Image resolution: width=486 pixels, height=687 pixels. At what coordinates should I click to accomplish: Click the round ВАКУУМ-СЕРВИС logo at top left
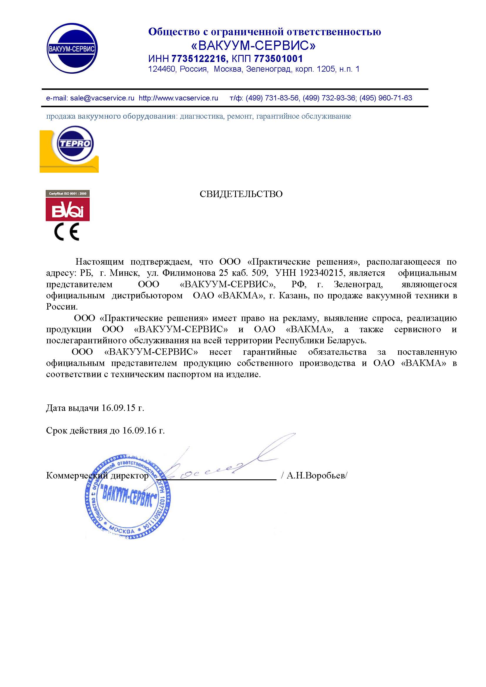(72, 48)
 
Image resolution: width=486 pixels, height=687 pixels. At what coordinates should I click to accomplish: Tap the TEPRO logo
(75, 144)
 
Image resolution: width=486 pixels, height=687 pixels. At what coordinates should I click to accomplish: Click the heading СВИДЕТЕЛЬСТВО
(241, 194)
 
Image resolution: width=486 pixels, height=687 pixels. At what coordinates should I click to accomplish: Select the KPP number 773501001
(278, 59)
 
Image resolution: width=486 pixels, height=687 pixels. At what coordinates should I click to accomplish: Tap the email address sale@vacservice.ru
(102, 98)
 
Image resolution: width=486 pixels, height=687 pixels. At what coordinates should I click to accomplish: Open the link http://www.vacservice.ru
(178, 98)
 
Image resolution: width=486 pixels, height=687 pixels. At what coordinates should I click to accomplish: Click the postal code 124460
(162, 69)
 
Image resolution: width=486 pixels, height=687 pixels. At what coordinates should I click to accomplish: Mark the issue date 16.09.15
(118, 408)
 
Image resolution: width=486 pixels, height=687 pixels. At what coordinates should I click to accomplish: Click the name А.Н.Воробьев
(316, 476)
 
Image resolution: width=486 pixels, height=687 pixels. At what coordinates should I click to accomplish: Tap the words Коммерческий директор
(97, 476)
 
